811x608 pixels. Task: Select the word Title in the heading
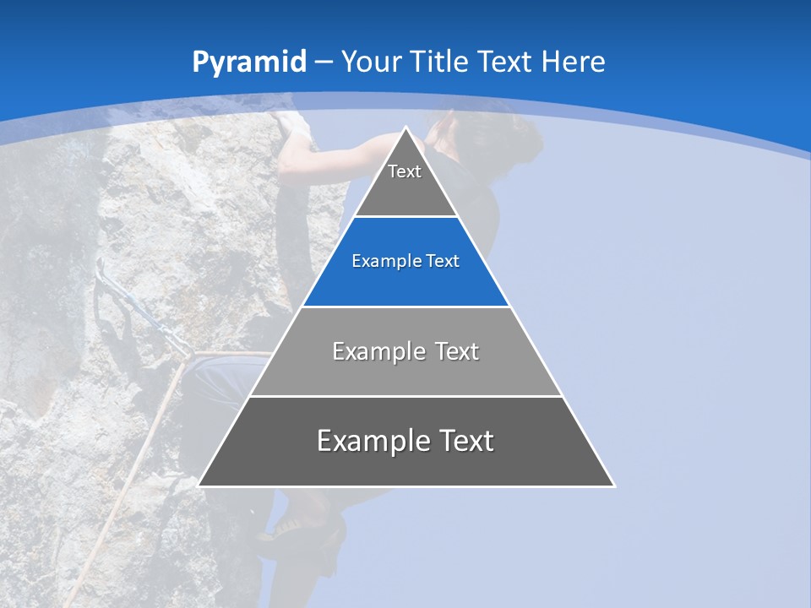pyautogui.click(x=440, y=62)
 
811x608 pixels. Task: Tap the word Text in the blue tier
pyautogui.click(x=443, y=262)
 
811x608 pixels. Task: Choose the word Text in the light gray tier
pyautogui.click(x=455, y=351)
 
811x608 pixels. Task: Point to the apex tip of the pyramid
pyautogui.click(x=406, y=128)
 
